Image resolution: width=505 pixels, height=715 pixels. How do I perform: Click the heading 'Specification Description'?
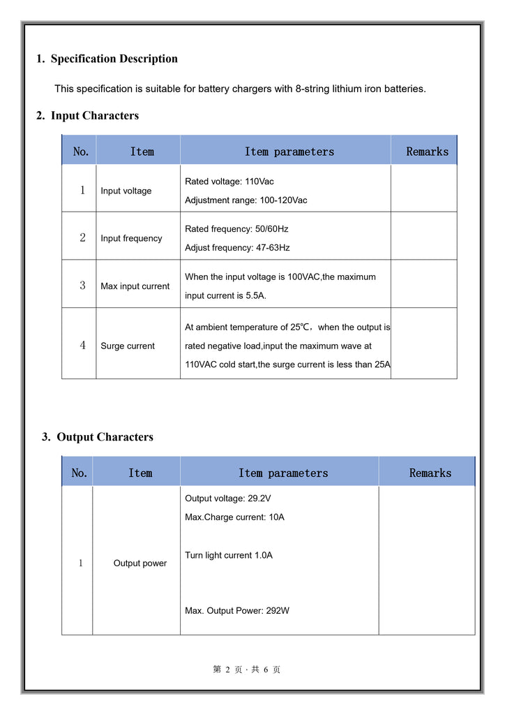pyautogui.click(x=114, y=59)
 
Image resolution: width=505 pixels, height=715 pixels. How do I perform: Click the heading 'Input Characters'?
pyautogui.click(x=94, y=116)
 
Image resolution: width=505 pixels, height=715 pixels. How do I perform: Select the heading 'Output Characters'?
pyautogui.click(x=105, y=437)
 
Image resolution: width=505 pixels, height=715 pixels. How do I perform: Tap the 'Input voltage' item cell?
pyautogui.click(x=126, y=191)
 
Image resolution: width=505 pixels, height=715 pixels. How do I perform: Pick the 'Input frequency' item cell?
pyautogui.click(x=131, y=239)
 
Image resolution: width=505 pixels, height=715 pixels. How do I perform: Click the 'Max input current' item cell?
pyautogui.click(x=135, y=286)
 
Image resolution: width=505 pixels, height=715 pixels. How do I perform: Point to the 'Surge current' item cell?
pyautogui.click(x=128, y=346)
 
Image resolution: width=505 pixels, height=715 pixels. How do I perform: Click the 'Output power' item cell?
pyautogui.click(x=140, y=563)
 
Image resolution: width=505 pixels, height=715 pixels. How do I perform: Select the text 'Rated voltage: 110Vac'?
pyautogui.click(x=229, y=182)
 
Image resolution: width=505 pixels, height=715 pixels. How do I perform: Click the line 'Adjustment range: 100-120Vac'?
pyautogui.click(x=246, y=200)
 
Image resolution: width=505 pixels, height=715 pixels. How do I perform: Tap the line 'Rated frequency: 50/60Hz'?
pyautogui.click(x=236, y=229)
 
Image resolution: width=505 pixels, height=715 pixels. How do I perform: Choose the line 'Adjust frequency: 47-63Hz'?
pyautogui.click(x=237, y=248)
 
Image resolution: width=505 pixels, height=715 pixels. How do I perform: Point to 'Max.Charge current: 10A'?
pyautogui.click(x=234, y=517)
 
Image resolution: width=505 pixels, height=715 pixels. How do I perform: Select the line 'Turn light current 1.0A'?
pyautogui.click(x=229, y=555)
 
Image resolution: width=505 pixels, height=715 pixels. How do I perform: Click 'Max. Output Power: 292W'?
pyautogui.click(x=237, y=611)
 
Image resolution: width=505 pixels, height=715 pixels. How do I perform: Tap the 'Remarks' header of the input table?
pyautogui.click(x=428, y=152)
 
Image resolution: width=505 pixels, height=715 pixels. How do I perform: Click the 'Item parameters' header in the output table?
pyautogui.click(x=283, y=473)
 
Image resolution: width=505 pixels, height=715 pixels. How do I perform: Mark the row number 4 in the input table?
pyautogui.click(x=82, y=346)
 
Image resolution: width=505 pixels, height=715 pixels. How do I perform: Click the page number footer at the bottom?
pyautogui.click(x=247, y=670)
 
